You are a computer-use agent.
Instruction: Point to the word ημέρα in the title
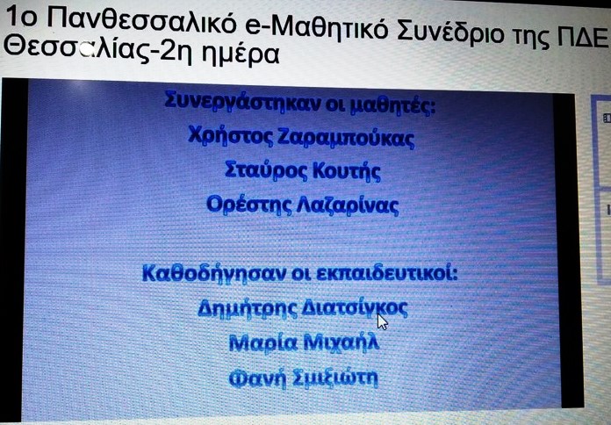coord(241,54)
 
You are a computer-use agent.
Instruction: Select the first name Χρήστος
coord(231,135)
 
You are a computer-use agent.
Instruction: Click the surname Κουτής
coord(347,171)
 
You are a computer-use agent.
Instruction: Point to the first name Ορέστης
coord(249,204)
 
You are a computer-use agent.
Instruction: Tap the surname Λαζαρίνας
coord(348,205)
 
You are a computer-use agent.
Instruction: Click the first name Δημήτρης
coord(248,308)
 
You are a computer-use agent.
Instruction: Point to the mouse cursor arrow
coord(382,321)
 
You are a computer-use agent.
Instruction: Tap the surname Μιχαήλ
coord(341,342)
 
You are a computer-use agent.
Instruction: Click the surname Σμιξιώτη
coord(335,378)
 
